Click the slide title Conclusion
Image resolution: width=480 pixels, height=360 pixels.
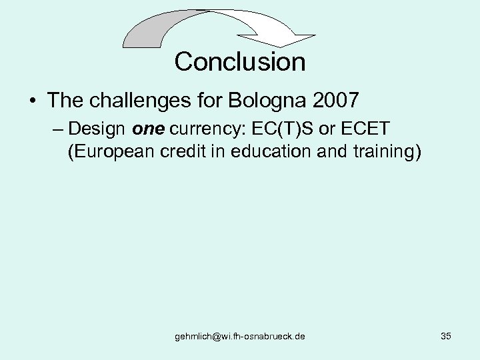240,62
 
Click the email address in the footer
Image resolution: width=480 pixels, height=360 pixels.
240,337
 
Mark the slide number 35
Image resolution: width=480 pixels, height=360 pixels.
446,336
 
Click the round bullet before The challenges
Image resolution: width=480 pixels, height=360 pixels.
32,102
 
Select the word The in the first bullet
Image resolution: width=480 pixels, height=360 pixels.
64,101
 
